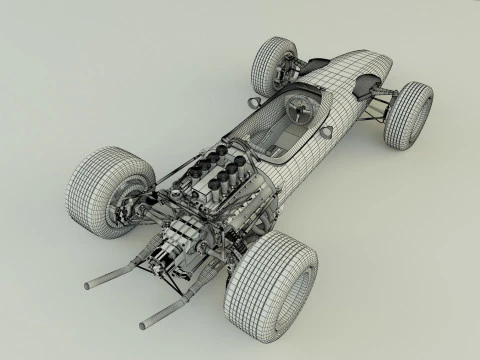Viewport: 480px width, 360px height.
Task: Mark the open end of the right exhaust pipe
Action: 144,322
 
